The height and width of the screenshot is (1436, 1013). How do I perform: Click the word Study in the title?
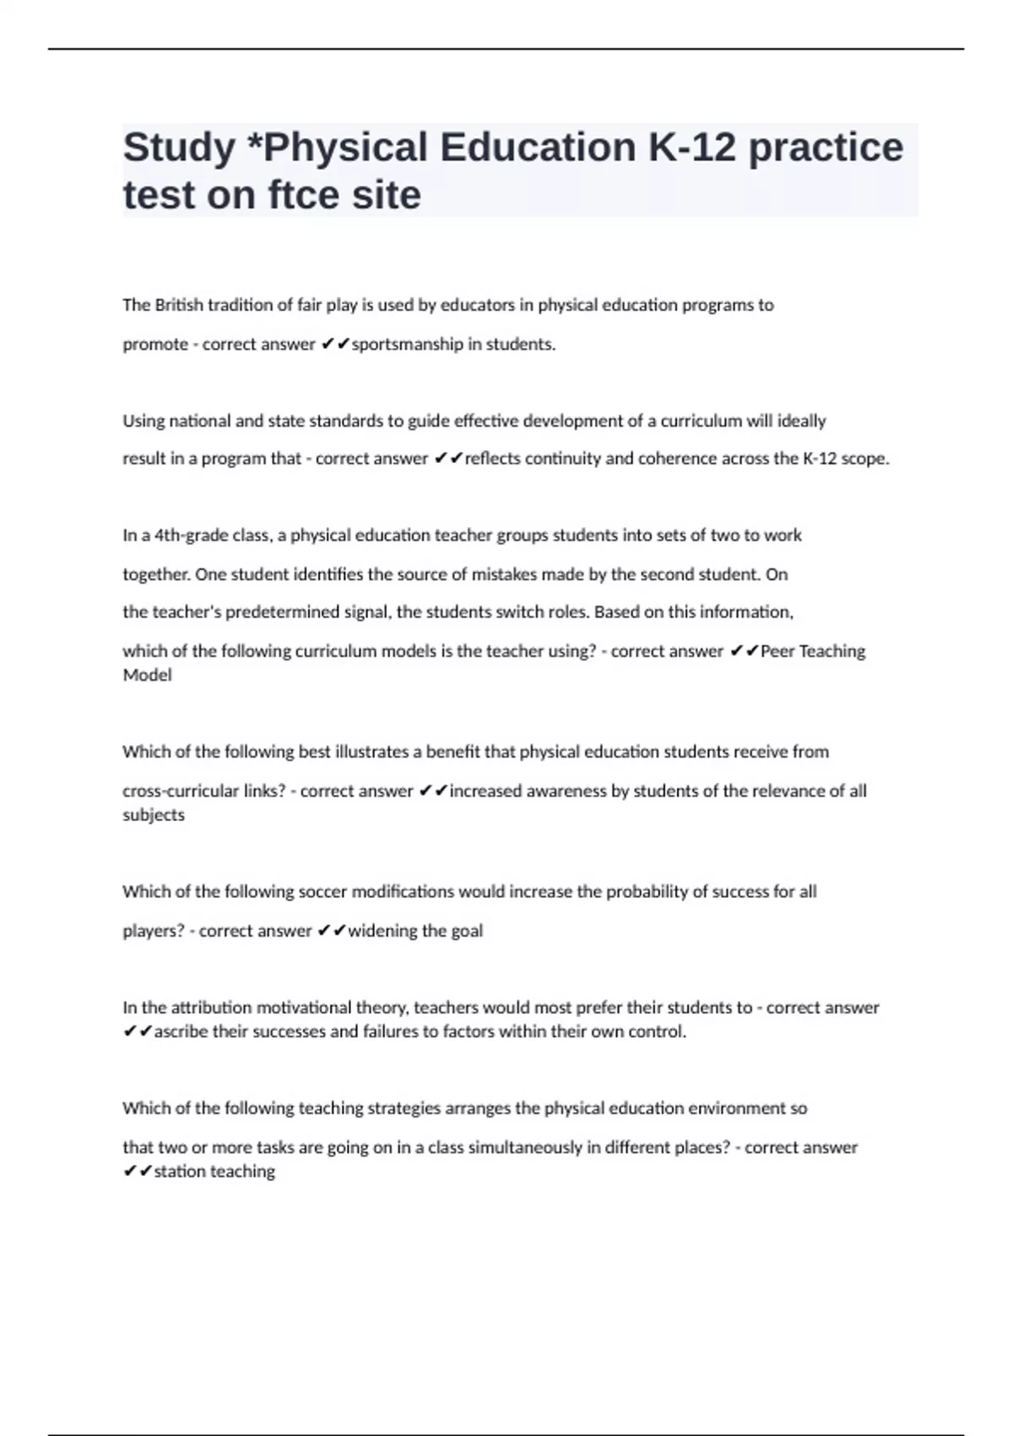pos(179,148)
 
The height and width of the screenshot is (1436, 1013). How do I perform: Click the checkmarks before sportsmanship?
pos(335,344)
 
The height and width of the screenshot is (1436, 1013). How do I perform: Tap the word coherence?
pos(679,459)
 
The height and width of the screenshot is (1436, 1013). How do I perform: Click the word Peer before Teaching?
pos(777,651)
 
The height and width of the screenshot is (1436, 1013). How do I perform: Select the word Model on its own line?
pos(147,675)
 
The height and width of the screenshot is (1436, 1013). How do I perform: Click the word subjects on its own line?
pos(153,815)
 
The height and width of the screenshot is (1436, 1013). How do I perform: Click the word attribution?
pos(211,1008)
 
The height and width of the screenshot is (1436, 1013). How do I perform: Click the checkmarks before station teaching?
pos(137,1171)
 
